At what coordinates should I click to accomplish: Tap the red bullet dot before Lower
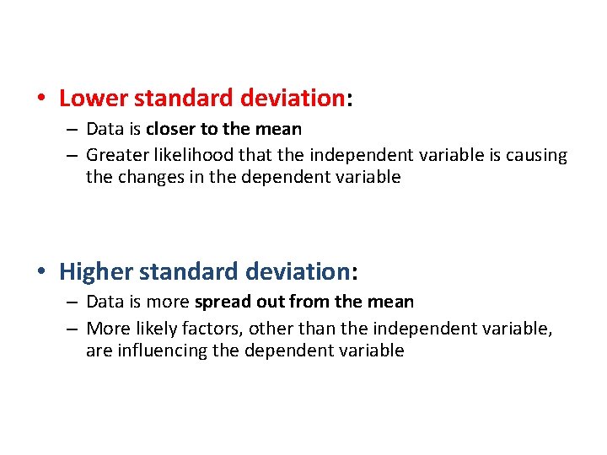(41, 99)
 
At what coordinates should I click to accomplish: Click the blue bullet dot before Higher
(41, 272)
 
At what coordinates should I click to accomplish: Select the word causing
(536, 155)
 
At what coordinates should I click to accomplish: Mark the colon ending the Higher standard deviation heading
(354, 273)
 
